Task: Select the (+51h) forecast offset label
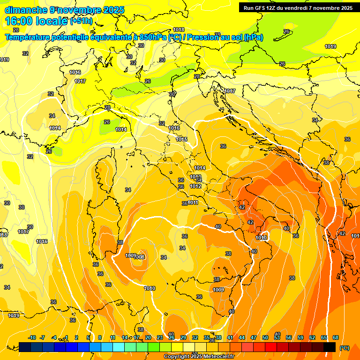pos(81,21)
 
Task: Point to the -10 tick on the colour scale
pos(32,337)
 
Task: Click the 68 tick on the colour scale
pos(336,337)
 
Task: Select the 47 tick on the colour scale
pos(254,337)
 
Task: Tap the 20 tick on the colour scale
pos(148,337)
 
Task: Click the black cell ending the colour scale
pos(330,347)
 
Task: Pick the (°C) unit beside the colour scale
pos(345,347)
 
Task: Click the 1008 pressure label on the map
pos(140,257)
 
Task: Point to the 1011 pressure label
pos(193,202)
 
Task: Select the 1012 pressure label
pos(195,186)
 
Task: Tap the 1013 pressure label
pos(195,177)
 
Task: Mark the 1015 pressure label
pos(182,139)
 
